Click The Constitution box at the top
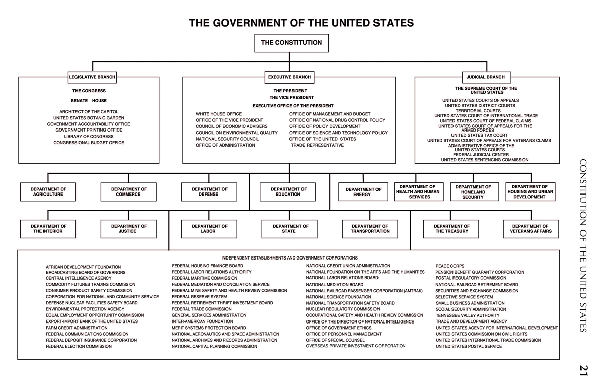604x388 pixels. (291, 43)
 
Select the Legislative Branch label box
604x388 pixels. (92, 77)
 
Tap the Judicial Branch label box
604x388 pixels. (486, 77)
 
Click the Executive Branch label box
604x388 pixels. (289, 77)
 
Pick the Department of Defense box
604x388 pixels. (209, 191)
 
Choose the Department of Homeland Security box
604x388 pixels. (475, 191)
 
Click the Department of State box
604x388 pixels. (289, 229)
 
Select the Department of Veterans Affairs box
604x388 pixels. (531, 229)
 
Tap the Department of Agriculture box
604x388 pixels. (48, 191)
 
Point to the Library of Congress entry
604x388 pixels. (89, 137)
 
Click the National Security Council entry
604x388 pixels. (227, 139)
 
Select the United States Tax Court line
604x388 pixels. (479, 135)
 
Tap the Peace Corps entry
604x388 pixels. (450, 266)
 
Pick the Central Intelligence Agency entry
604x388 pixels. (79, 278)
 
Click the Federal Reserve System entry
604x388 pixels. (199, 297)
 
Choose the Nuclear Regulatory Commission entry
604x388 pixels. (343, 309)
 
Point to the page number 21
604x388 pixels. (584, 370)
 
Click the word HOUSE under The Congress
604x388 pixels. (99, 101)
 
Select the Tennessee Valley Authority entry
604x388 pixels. (468, 315)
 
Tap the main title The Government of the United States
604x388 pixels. (301, 23)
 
